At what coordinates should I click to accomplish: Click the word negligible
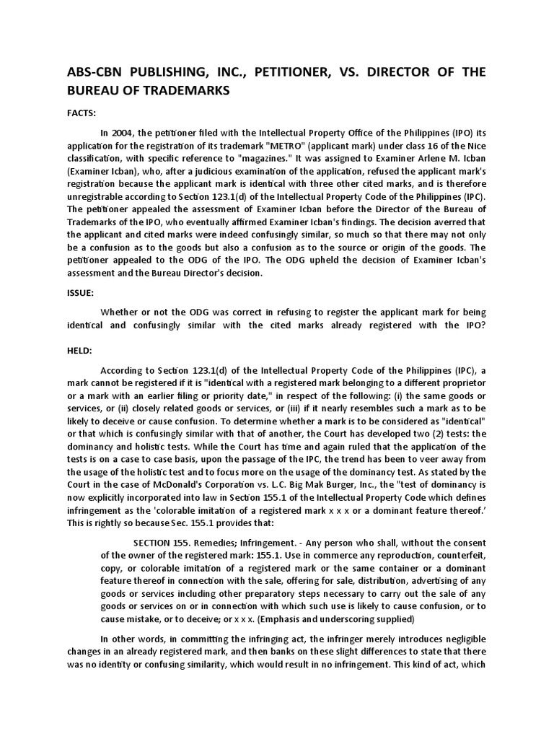pyautogui.click(x=460, y=639)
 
